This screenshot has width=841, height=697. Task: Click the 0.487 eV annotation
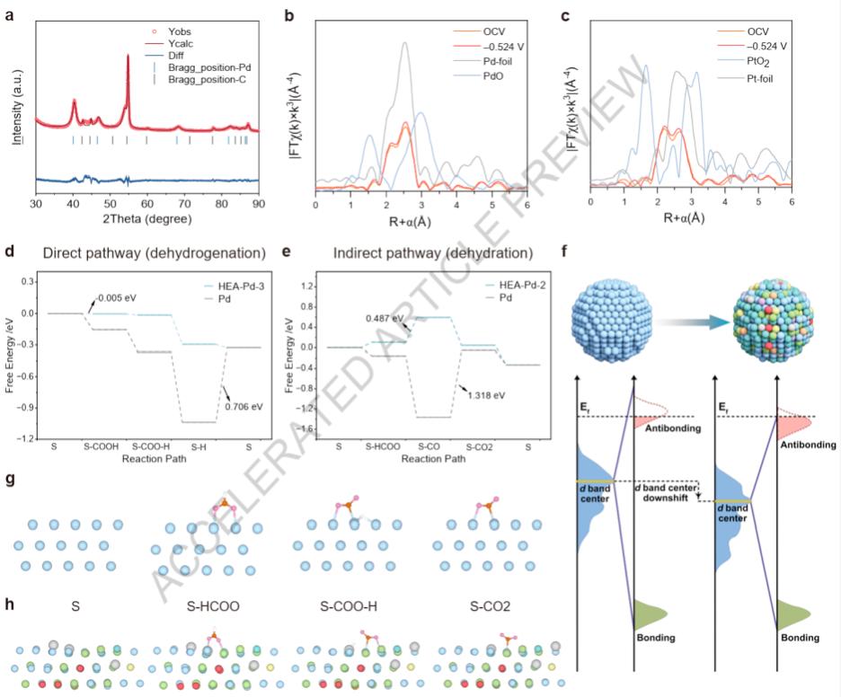click(x=384, y=317)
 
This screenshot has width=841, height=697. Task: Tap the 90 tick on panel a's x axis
click(x=259, y=206)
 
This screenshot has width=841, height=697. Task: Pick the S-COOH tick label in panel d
click(x=102, y=446)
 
